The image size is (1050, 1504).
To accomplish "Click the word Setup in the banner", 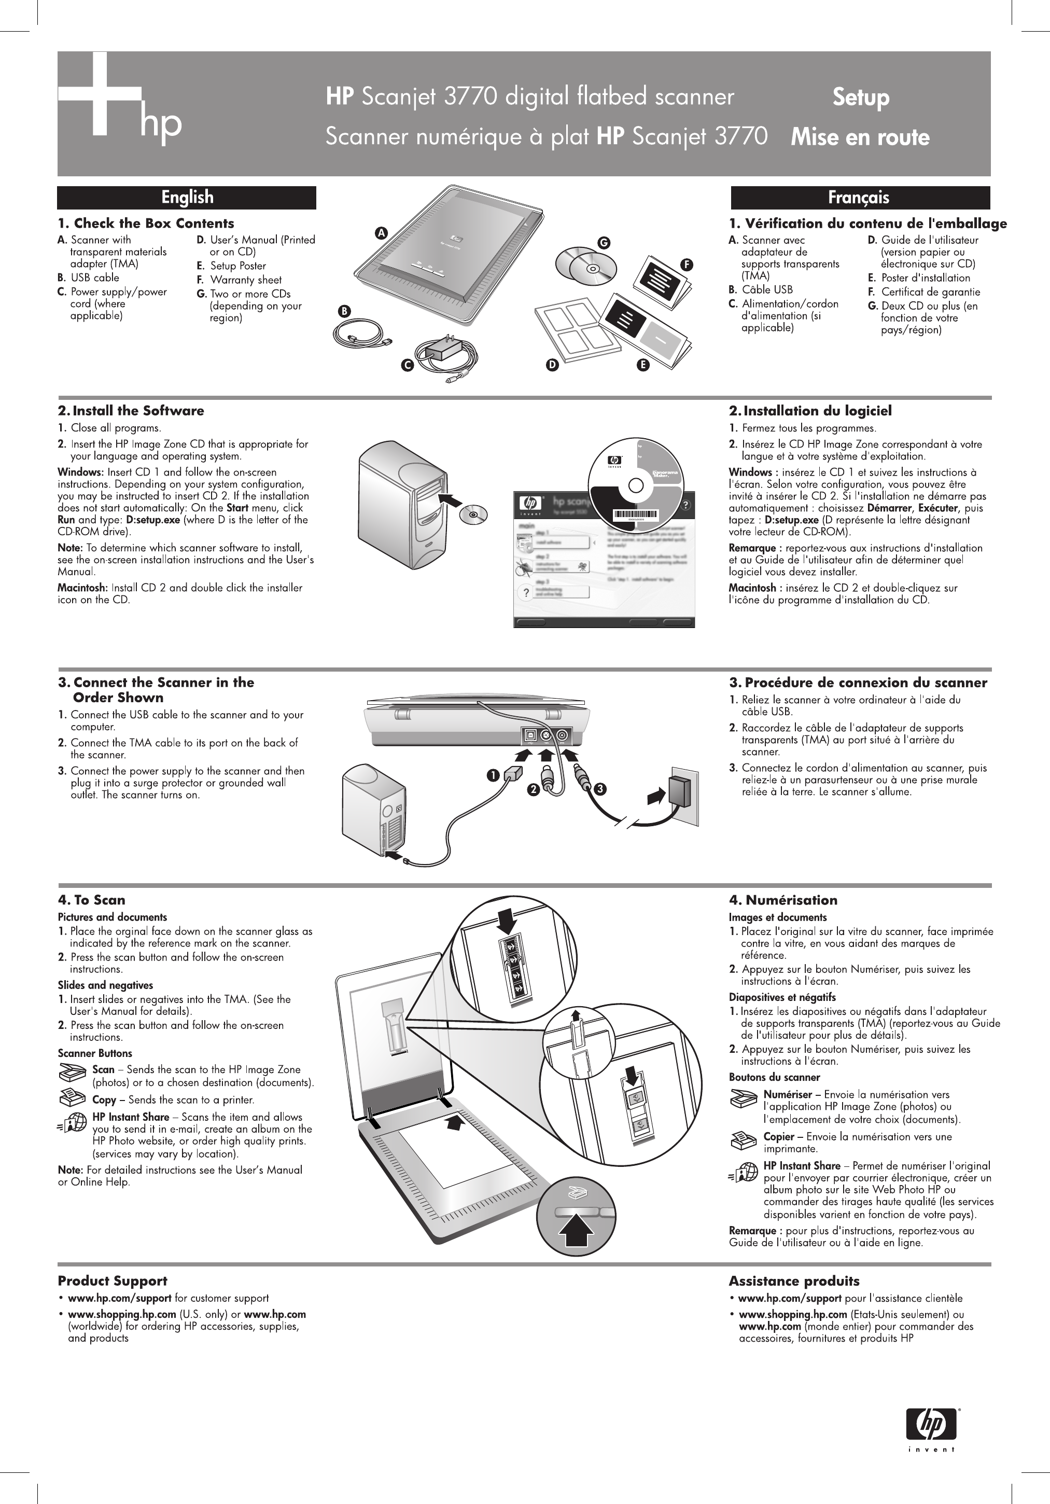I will [x=861, y=98].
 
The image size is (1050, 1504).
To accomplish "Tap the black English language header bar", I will [x=187, y=197].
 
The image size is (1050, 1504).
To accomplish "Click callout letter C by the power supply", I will [x=408, y=366].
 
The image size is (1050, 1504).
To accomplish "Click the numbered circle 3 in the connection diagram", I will [x=599, y=789].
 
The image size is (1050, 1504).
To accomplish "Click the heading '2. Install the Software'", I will [x=131, y=411].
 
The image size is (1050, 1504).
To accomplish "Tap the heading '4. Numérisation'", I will [x=783, y=900].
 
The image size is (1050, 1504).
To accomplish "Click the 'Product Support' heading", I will [x=112, y=1280].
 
